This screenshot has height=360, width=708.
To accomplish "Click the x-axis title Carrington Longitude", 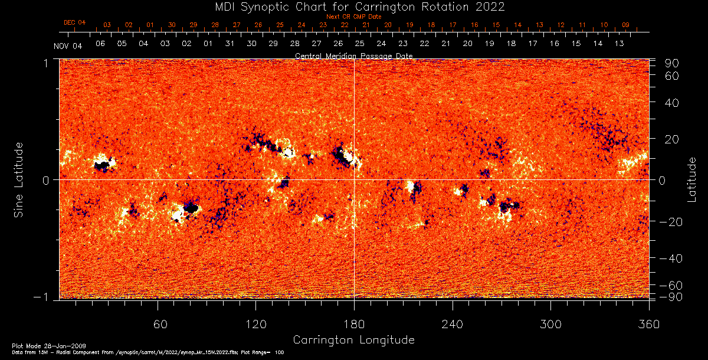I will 353,340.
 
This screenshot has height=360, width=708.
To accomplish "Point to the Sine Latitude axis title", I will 19,179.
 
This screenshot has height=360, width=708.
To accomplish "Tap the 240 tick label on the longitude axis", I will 452,324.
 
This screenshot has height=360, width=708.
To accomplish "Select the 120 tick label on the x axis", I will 255,324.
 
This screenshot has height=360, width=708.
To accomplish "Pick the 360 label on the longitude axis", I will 648,324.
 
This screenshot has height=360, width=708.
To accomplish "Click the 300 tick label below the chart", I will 550,324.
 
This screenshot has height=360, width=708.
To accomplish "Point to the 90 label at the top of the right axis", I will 674,63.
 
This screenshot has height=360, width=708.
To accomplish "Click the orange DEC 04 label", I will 75,22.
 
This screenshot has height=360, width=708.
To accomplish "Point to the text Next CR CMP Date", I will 354,17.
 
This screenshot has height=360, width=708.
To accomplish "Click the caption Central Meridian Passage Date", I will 354,56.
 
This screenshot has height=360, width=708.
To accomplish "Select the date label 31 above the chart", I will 230,44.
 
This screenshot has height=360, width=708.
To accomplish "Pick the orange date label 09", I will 625,25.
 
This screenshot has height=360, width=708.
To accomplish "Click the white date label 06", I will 100,44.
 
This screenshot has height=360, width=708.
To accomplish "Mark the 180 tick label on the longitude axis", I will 354,324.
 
